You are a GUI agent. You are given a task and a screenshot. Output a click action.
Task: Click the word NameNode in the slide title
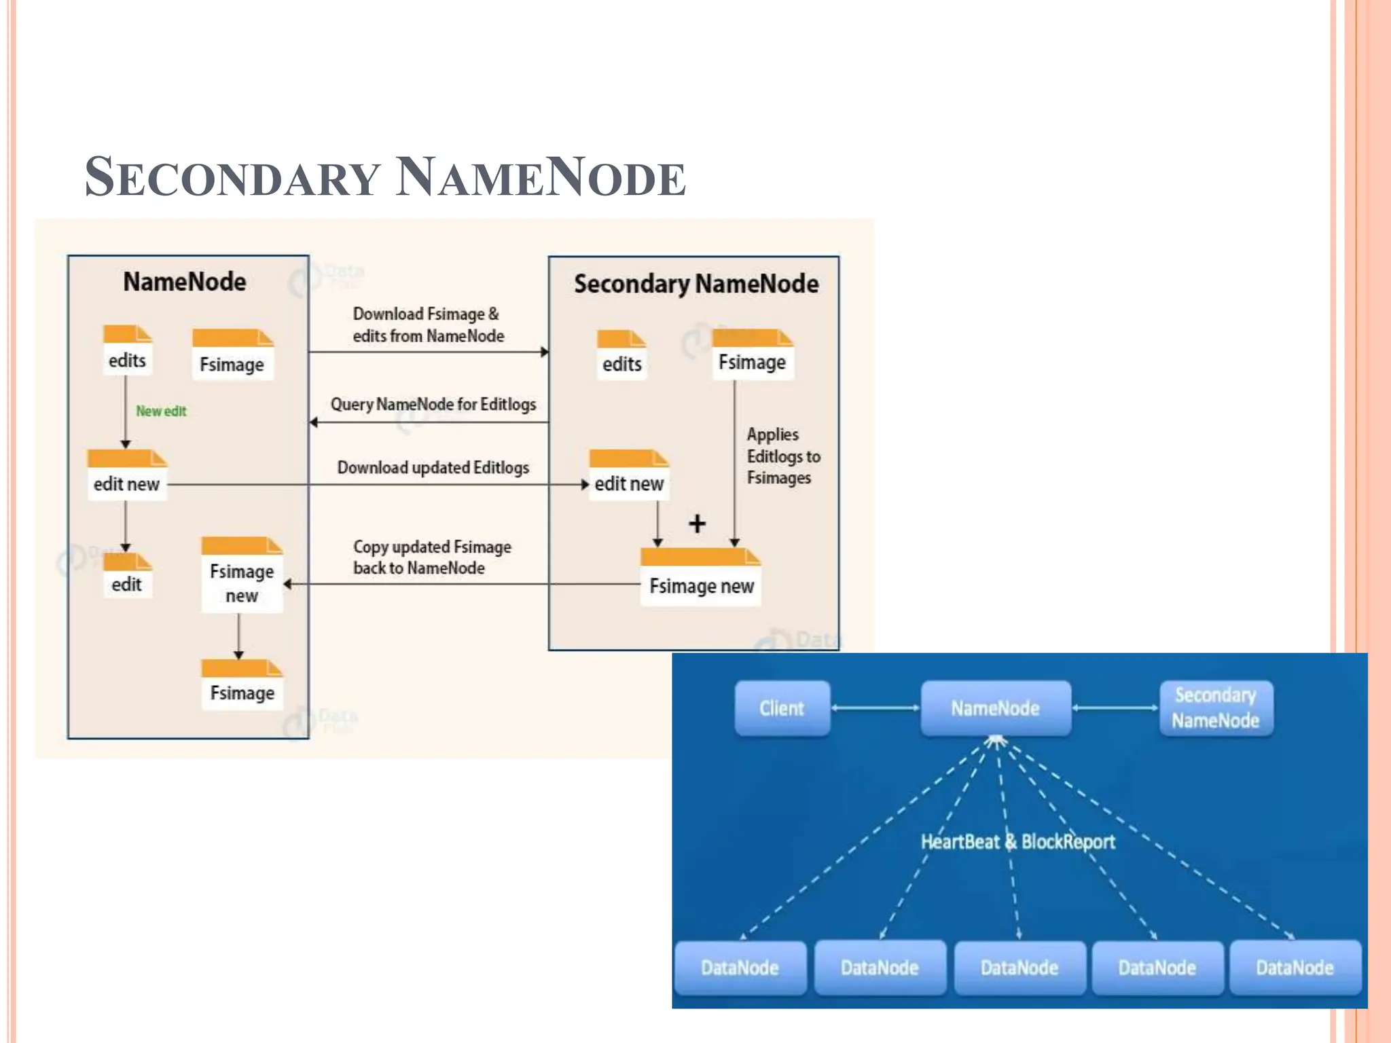coord(540,178)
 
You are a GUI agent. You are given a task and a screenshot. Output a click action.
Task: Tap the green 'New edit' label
coord(161,411)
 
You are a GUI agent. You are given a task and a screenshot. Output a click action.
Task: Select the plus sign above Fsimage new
coord(697,524)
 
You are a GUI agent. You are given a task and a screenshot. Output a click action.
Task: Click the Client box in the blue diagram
coord(782,708)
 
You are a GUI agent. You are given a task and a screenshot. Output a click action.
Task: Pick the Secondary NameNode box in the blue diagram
coord(1215,708)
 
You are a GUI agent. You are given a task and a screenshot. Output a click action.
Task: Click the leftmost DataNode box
coord(740,967)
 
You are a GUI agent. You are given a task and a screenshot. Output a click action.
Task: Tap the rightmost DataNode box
coord(1295,967)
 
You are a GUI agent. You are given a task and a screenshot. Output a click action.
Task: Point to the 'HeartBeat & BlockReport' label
coord(1017,842)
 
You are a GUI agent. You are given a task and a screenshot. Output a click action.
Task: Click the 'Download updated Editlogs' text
coord(433,468)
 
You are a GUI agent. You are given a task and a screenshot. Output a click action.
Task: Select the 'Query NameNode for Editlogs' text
coord(433,405)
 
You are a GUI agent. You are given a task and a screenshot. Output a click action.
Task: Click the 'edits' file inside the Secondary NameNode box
coord(621,356)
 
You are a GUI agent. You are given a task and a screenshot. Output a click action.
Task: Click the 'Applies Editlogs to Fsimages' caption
coord(782,456)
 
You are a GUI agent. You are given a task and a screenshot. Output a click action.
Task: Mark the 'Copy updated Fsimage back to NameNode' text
coord(431,557)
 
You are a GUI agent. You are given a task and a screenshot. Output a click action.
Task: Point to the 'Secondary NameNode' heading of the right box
coord(695,284)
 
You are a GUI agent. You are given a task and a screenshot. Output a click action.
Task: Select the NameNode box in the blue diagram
coord(995,708)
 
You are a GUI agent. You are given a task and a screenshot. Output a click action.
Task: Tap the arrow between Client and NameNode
coord(875,708)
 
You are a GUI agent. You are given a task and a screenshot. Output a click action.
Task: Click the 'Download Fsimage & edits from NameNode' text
coord(428,325)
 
